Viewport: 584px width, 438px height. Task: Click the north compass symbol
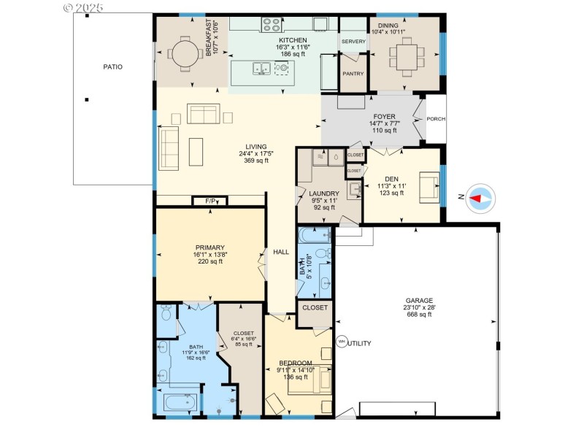[480, 198]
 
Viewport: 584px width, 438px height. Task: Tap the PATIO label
[112, 67]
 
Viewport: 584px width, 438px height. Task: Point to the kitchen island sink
[261, 69]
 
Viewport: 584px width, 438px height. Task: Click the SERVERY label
[353, 42]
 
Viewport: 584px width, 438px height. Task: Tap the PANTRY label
[353, 74]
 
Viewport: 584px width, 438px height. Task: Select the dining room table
[404, 53]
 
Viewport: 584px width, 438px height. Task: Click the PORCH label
[436, 119]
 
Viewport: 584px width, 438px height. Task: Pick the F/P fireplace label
[210, 201]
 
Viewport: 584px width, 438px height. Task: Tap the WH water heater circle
[341, 342]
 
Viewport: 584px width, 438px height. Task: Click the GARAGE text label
[419, 301]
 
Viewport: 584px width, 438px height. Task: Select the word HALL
[281, 252]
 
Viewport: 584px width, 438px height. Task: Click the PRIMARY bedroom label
[209, 247]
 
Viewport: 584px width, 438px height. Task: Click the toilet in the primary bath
[165, 313]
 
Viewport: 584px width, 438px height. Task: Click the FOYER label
[384, 116]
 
